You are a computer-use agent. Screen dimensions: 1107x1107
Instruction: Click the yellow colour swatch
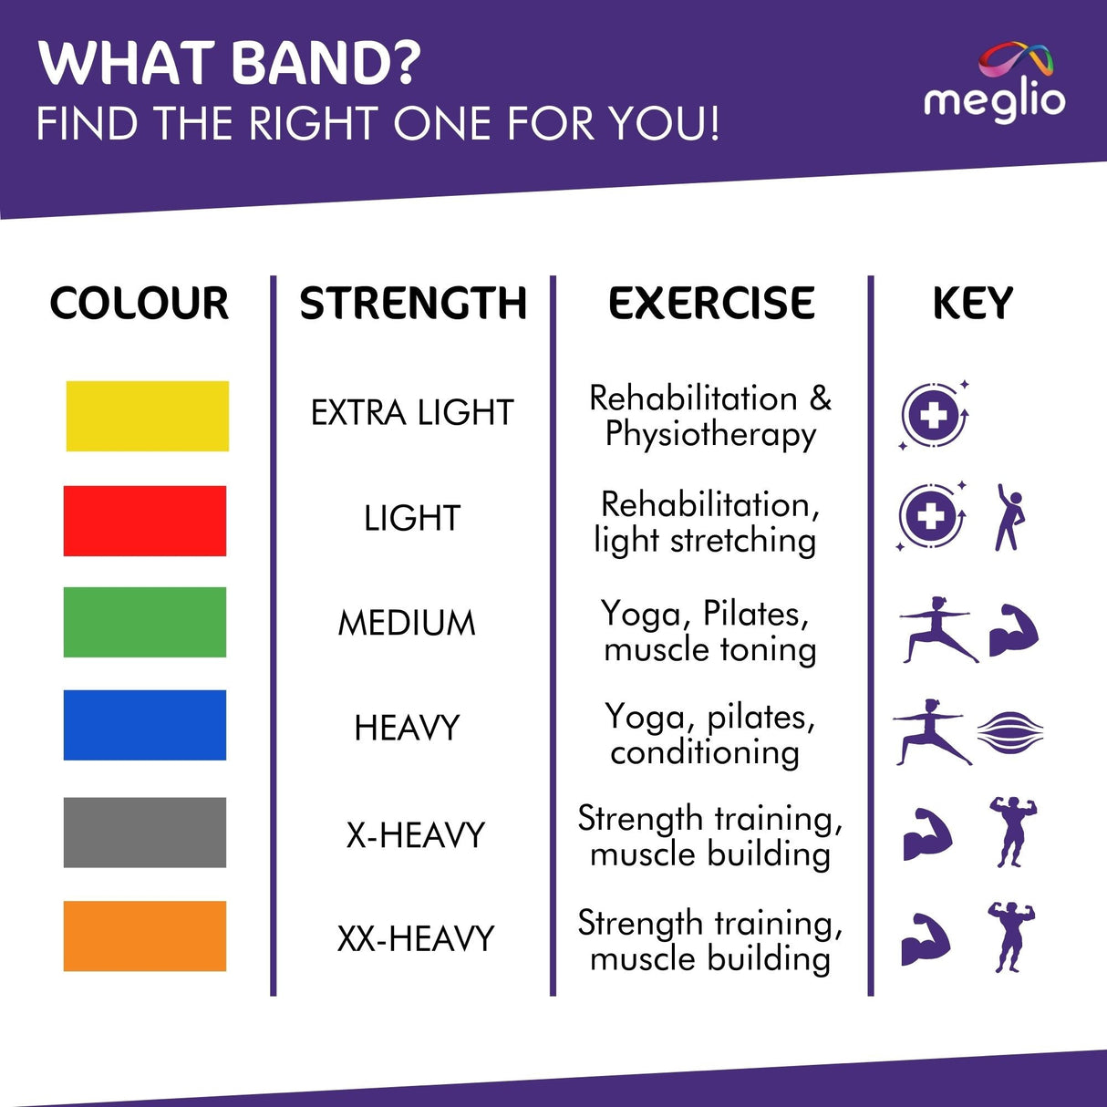tap(147, 416)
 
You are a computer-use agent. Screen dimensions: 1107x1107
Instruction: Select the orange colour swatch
tap(144, 936)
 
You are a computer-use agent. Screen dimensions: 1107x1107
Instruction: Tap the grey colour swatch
tap(144, 832)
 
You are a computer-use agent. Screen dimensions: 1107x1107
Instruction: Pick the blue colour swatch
tap(144, 725)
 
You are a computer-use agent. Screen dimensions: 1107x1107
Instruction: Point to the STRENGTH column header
tap(413, 304)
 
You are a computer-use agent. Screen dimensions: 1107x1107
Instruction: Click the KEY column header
tap(972, 304)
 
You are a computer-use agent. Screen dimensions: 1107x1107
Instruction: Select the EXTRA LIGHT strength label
tap(412, 413)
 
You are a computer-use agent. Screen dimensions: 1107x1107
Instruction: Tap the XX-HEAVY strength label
tap(415, 938)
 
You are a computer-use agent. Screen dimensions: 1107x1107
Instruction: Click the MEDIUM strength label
tap(407, 624)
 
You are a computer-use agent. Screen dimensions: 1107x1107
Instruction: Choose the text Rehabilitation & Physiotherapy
tap(710, 416)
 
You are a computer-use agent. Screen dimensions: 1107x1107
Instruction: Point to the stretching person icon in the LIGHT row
tap(1009, 517)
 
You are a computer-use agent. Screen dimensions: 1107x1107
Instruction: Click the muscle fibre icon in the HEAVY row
tap(1009, 731)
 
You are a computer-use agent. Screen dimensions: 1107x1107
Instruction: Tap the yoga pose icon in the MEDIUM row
tap(937, 630)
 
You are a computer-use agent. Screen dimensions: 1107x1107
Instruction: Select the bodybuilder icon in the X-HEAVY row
tap(1012, 831)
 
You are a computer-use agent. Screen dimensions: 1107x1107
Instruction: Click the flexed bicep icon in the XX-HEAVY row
tap(926, 938)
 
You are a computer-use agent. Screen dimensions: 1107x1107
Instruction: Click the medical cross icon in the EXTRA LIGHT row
tap(933, 416)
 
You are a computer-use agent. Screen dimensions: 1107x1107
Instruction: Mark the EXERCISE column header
tap(711, 304)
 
